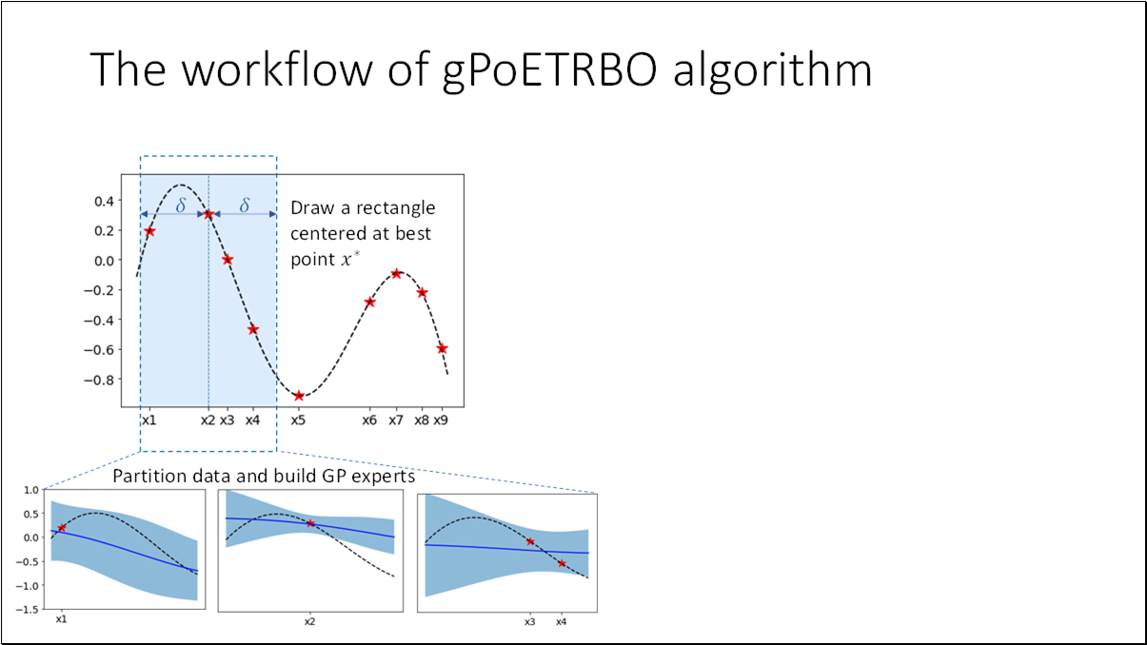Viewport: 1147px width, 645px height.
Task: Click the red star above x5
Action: pos(299,396)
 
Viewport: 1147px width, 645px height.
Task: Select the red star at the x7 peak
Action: pos(396,274)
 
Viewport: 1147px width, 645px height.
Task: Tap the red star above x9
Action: pos(442,348)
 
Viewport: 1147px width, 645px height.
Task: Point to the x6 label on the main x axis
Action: pos(369,420)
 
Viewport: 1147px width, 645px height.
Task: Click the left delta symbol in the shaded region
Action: pos(180,205)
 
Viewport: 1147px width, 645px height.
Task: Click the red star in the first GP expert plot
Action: pos(62,528)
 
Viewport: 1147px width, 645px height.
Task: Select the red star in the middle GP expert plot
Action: pos(310,523)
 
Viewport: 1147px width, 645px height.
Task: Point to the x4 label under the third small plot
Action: pos(562,620)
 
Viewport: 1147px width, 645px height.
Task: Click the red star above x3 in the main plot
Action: pos(227,260)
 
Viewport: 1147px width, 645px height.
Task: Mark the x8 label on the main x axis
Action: pos(422,420)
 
